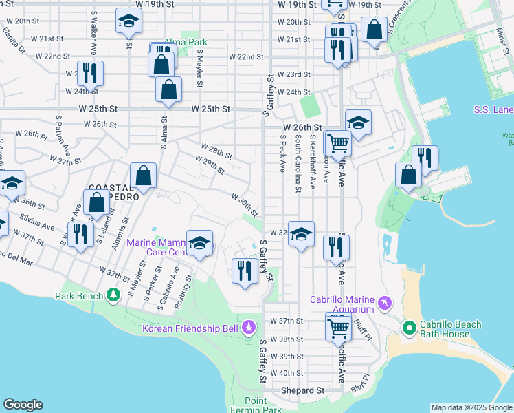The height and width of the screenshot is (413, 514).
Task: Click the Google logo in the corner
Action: click(x=23, y=405)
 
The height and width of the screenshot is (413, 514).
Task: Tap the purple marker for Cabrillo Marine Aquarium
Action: click(x=384, y=302)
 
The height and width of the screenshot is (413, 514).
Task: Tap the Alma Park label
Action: click(x=186, y=42)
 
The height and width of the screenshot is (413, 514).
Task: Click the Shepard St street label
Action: click(x=302, y=390)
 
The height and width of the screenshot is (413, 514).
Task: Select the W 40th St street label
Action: click(x=287, y=373)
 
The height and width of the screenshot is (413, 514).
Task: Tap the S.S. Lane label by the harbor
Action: click(x=493, y=109)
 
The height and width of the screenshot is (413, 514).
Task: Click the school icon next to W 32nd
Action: click(x=301, y=234)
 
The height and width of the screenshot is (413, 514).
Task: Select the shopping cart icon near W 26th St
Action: click(x=338, y=142)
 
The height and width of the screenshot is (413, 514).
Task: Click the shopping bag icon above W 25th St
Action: click(x=168, y=89)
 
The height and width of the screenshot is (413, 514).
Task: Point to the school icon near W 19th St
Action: click(x=128, y=21)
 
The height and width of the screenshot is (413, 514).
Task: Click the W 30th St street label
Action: click(x=244, y=204)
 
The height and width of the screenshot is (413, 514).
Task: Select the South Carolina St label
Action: click(x=298, y=163)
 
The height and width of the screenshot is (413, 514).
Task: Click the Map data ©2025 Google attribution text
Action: click(x=471, y=407)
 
